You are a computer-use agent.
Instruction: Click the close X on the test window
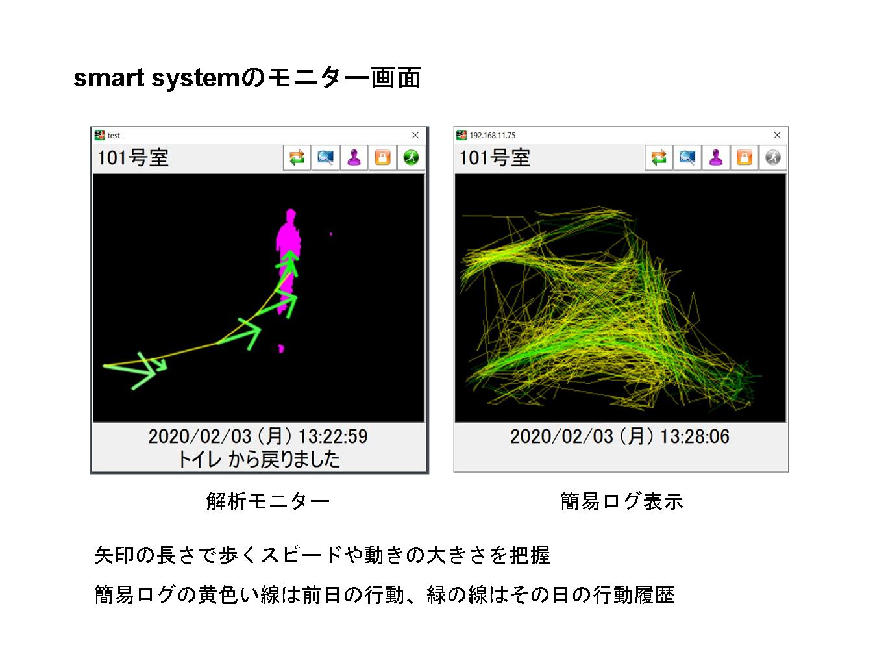coord(415,135)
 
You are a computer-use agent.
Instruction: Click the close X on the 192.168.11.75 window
coord(777,135)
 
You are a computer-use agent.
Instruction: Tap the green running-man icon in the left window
coord(411,157)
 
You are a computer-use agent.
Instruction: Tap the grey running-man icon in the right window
coord(773,157)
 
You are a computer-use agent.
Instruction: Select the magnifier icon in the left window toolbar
coord(325,157)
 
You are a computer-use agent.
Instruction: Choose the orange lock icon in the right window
coord(744,157)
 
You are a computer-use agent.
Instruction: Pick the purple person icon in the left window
coord(354,157)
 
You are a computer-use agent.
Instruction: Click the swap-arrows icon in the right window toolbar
coord(659,157)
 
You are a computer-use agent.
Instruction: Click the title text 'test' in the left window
coord(114,136)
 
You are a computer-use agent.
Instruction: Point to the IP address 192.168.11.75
coord(493,136)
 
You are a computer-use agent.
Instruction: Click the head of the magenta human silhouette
coord(291,214)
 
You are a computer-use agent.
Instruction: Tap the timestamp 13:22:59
coord(332,436)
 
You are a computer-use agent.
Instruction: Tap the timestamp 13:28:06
coord(695,436)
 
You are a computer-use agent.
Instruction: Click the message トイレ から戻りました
coord(259,459)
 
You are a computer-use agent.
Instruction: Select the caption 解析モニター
coord(268,501)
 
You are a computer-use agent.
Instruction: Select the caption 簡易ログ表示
coord(622,501)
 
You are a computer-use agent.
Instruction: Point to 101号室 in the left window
coord(133,157)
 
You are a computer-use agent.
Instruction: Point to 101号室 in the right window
coord(495,157)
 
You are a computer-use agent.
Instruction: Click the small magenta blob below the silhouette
coord(281,349)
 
